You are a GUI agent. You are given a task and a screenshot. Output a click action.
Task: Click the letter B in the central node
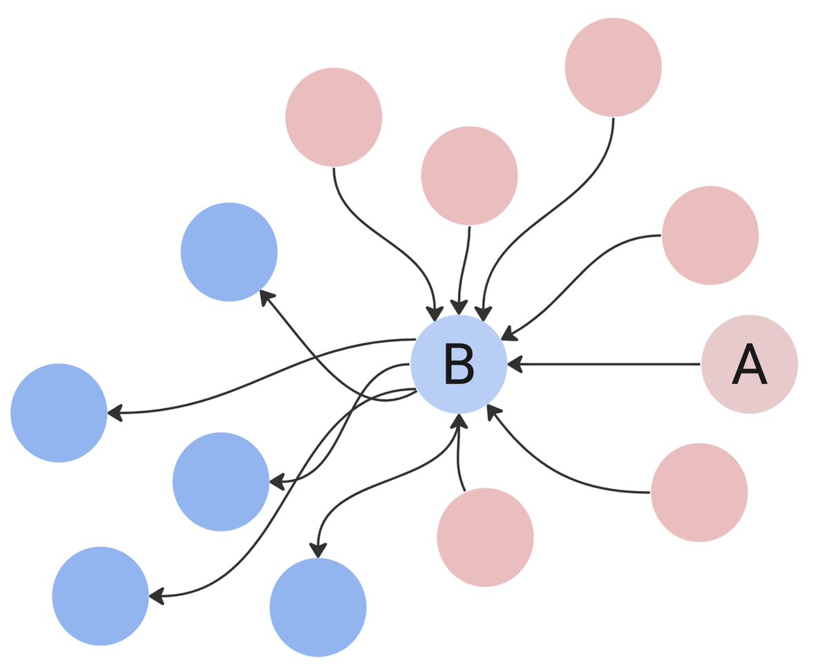459,364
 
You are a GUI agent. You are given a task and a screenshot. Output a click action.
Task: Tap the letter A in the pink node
750,364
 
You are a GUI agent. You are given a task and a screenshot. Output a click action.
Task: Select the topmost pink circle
613,68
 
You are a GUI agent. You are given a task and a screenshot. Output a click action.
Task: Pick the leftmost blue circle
59,412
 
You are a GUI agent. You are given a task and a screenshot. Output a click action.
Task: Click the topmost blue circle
229,252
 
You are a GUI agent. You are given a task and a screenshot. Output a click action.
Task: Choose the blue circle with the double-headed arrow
318,608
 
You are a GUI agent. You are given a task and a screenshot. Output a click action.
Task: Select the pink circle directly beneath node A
699,492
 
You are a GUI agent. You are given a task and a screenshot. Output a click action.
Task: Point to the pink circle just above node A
710,236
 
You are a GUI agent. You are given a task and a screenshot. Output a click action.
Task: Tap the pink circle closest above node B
469,175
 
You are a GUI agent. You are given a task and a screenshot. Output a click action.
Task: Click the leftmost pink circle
334,117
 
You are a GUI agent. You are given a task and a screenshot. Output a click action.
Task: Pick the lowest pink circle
486,537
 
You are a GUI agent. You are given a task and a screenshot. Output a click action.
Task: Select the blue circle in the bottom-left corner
100,595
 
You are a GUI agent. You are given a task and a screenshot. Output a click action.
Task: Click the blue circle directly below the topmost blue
220,481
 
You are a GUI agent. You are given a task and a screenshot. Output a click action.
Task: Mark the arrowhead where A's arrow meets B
514,363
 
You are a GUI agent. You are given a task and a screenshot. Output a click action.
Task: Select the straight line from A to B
608,363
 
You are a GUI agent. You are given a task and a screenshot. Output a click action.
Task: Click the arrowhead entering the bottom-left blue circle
157,595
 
